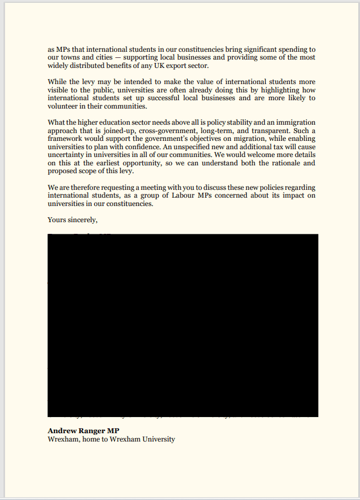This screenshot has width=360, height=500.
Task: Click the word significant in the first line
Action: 262,49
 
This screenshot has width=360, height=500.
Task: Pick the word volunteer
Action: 64,106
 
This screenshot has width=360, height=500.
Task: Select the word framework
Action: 65,139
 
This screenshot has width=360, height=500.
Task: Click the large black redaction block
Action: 183,325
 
